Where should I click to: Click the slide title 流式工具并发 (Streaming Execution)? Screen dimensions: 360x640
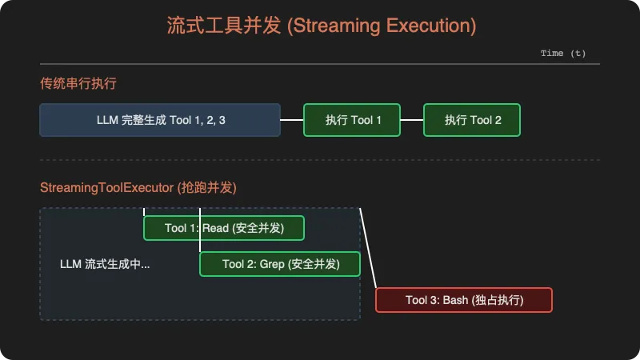click(320, 26)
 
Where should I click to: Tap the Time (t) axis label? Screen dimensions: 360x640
click(563, 54)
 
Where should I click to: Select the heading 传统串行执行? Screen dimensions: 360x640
click(79, 83)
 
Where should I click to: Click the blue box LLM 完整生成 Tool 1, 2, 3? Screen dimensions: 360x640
click(160, 120)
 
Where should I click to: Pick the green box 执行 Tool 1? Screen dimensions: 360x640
click(352, 120)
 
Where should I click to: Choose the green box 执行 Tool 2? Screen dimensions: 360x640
click(472, 120)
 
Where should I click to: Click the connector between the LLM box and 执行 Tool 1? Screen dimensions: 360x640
click(292, 120)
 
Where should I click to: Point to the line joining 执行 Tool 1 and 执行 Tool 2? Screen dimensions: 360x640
click(412, 120)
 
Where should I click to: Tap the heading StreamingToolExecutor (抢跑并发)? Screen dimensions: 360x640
click(138, 188)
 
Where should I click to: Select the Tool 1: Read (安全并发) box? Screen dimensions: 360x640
click(224, 228)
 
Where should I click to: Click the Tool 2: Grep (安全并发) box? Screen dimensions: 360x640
click(280, 264)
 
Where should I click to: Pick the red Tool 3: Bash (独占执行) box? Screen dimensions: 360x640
click(464, 300)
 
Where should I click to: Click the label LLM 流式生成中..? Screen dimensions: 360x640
click(105, 264)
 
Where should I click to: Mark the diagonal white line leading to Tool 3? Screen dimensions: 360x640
click(368, 248)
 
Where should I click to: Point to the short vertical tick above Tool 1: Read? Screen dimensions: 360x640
click(144, 212)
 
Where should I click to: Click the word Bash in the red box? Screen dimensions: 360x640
click(455, 300)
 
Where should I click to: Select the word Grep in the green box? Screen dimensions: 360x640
click(272, 264)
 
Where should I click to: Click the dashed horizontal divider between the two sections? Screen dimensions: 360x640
click(320, 160)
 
